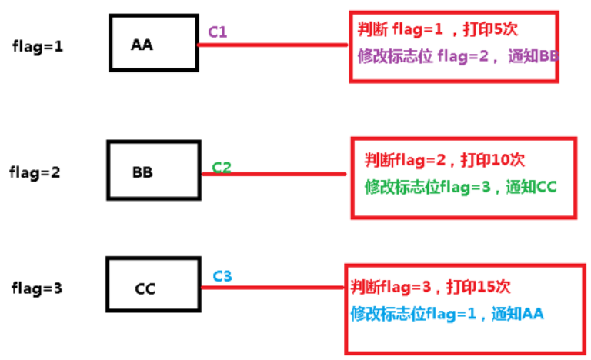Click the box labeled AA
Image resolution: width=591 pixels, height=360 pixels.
(x=155, y=44)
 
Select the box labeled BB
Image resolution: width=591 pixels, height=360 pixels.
(x=154, y=171)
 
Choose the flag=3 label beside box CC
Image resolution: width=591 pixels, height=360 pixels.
(x=37, y=288)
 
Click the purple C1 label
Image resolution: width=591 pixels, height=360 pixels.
(x=218, y=32)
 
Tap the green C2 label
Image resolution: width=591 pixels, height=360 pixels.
(x=222, y=166)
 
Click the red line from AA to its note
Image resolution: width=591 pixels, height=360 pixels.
(x=273, y=45)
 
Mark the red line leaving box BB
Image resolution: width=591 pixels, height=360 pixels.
(x=273, y=174)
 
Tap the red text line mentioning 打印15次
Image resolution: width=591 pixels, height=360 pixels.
(x=430, y=287)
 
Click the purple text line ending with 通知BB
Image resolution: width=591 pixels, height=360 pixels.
(x=458, y=56)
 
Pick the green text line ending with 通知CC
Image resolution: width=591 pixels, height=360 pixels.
(x=460, y=186)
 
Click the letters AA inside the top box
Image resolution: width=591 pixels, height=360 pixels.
(x=142, y=45)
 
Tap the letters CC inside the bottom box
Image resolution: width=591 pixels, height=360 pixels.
(x=145, y=289)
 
